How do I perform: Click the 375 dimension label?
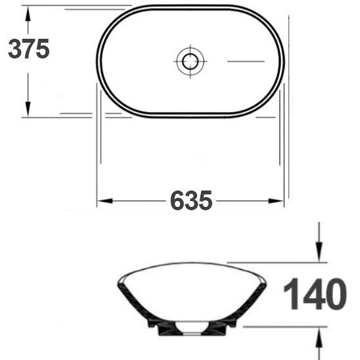tap(29, 49)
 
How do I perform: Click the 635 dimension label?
tap(191, 200)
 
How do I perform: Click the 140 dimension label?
tap(315, 294)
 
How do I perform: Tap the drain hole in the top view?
tap(190, 61)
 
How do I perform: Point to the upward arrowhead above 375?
tap(28, 14)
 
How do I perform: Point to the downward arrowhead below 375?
tap(28, 109)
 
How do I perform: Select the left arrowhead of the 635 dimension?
tap(104, 201)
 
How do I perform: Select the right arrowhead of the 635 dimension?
tap(276, 201)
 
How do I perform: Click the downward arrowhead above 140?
tap(319, 252)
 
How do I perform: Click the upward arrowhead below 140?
tap(319, 336)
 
